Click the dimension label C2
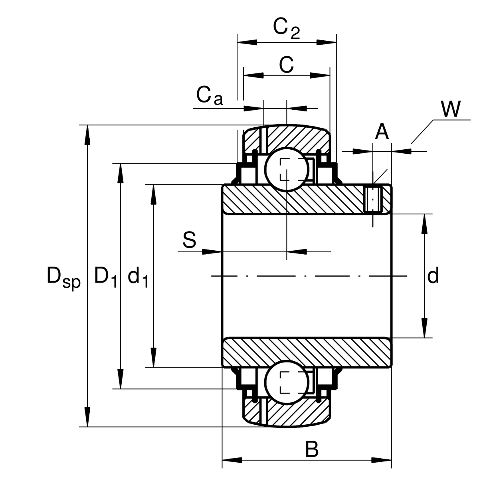(x=286, y=28)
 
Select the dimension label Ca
(x=210, y=96)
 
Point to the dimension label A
(x=382, y=132)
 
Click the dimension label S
(x=189, y=241)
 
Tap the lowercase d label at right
(x=433, y=276)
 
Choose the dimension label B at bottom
(x=312, y=449)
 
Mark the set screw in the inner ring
(x=374, y=199)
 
